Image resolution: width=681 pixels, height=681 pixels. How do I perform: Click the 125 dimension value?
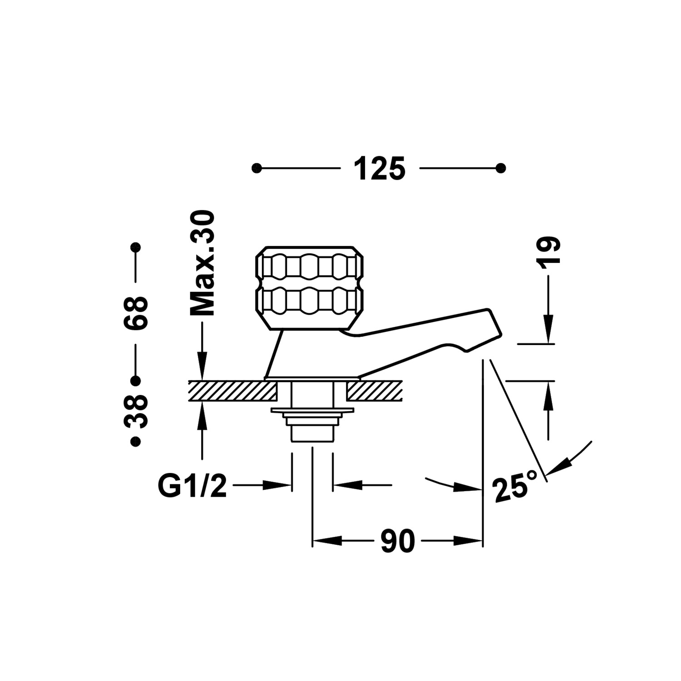(379, 168)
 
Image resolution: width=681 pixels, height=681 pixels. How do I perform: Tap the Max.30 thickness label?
(202, 263)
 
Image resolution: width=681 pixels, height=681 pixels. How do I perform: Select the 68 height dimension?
(136, 313)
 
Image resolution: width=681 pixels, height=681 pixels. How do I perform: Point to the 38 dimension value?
(136, 411)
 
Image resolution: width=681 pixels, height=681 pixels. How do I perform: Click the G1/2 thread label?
(192, 486)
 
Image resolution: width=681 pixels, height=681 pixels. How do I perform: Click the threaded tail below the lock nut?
(312, 433)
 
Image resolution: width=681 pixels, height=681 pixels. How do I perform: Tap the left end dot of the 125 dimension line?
(257, 168)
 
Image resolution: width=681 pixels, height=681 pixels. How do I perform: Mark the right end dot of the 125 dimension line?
(501, 168)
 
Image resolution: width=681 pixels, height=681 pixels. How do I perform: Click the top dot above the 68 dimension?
(135, 248)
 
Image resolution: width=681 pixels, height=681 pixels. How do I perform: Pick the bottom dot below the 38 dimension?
(135, 441)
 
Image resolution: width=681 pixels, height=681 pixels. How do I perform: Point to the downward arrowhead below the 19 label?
(548, 334)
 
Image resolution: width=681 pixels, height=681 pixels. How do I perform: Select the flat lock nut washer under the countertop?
(312, 411)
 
